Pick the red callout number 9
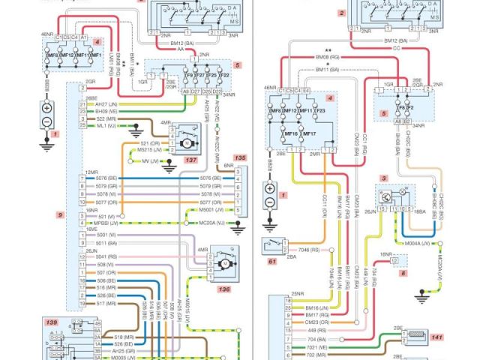(58, 215)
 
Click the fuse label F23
(320, 110)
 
